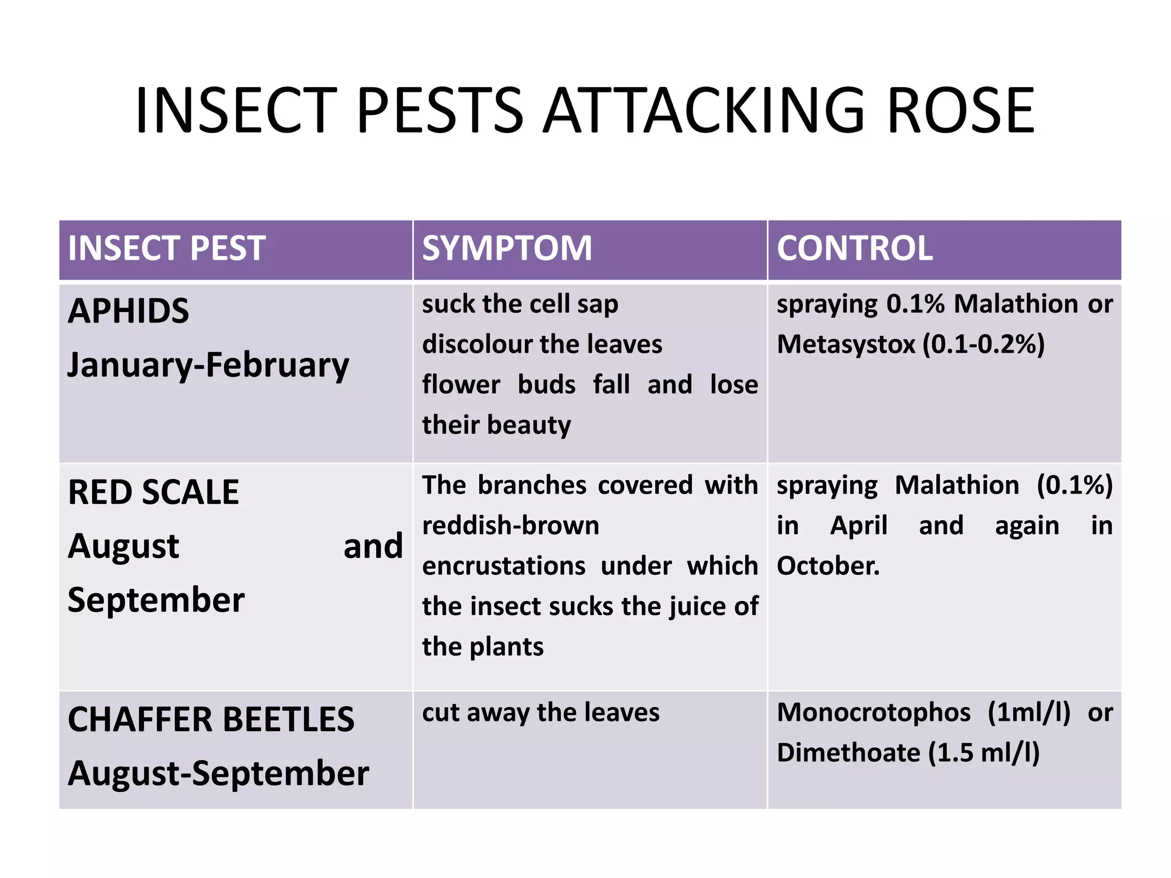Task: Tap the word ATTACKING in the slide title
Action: [x=703, y=110]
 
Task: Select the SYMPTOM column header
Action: [x=507, y=249]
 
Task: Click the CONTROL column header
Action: [x=854, y=249]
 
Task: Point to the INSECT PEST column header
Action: [x=166, y=249]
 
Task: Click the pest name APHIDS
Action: [x=128, y=312]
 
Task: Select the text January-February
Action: [x=208, y=365]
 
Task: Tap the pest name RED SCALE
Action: [x=153, y=492]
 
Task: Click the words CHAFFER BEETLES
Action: [x=211, y=719]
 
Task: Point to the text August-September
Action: [x=218, y=773]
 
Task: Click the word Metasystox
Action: [x=846, y=345]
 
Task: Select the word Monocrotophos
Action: [x=873, y=713]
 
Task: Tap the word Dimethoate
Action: [x=848, y=753]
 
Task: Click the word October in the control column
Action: [x=827, y=566]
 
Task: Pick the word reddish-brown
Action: [x=511, y=525]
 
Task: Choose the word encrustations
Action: [x=503, y=566]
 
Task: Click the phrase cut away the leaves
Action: [x=540, y=713]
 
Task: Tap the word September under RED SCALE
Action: [x=156, y=600]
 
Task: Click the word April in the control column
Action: [x=858, y=525]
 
